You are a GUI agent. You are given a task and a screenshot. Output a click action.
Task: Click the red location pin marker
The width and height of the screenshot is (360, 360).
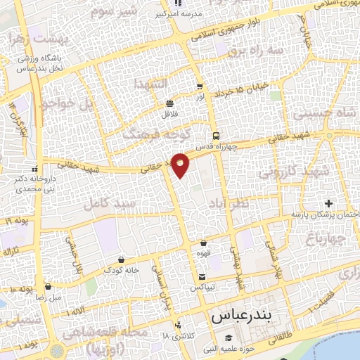click(180, 165)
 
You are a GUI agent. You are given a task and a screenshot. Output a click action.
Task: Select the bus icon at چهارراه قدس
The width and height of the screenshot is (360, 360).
click(216, 136)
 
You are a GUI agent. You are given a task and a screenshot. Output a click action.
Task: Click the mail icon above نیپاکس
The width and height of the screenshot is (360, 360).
click(202, 276)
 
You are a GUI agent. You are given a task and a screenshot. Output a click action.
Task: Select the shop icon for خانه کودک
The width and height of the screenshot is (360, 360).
click(122, 259)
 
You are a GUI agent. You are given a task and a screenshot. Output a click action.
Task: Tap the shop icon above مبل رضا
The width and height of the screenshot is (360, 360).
click(47, 287)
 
